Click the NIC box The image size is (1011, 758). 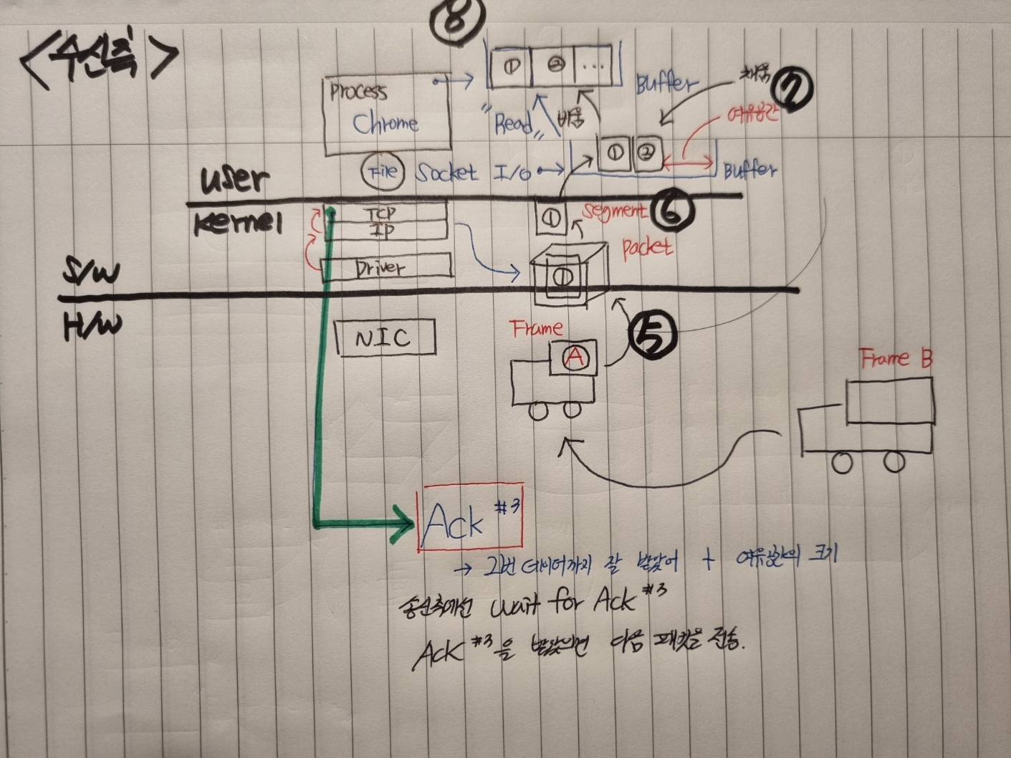pyautogui.click(x=385, y=337)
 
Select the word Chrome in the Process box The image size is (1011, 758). pyautogui.click(x=385, y=123)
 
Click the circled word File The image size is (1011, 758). pyautogui.click(x=383, y=173)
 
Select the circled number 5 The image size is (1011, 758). pyautogui.click(x=652, y=336)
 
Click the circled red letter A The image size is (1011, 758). pyautogui.click(x=574, y=356)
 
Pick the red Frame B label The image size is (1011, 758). pyautogui.click(x=896, y=358)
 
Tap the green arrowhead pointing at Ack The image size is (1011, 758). pyautogui.click(x=401, y=525)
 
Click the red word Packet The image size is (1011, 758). pyautogui.click(x=647, y=248)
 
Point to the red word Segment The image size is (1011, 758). pyautogui.click(x=614, y=210)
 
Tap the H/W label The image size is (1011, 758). pyautogui.click(x=92, y=325)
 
